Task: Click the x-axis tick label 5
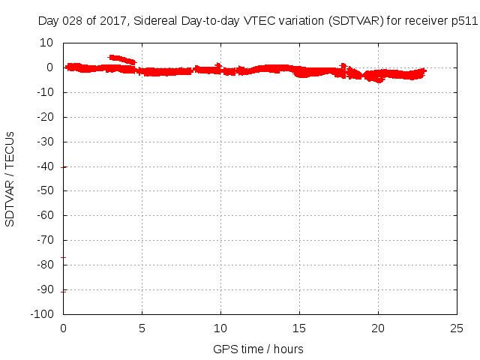(142, 328)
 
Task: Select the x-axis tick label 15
(299, 328)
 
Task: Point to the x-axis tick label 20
(378, 328)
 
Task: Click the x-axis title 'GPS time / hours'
(258, 349)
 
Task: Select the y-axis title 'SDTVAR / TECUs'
(10, 178)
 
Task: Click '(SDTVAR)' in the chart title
(348, 21)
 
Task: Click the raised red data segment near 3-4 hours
(121, 58)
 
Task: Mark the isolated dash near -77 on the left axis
(64, 258)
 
